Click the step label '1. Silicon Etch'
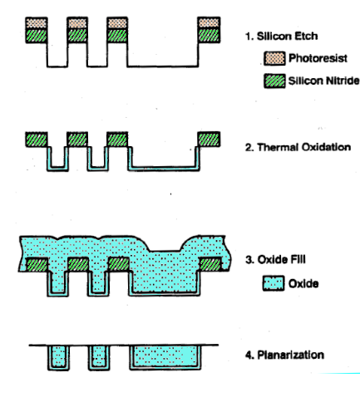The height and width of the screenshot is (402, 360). [x=282, y=37]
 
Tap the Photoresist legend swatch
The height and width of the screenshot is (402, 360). [x=274, y=58]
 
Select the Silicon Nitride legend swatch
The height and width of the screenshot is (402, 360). [x=274, y=81]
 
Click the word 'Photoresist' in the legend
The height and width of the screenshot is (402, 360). [x=318, y=58]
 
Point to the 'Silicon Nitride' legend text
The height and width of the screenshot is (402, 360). [x=323, y=81]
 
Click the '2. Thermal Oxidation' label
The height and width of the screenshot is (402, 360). [x=298, y=147]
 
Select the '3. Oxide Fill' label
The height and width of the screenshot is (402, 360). [x=275, y=259]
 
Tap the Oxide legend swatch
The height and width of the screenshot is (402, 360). [x=274, y=283]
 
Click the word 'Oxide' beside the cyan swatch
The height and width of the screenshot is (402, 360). [x=303, y=283]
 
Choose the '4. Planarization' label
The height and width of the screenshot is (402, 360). [x=284, y=355]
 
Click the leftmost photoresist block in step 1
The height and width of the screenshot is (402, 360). [x=37, y=23]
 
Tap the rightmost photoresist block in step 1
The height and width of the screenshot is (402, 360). [x=209, y=23]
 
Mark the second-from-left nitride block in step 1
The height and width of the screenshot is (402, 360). [x=77, y=36]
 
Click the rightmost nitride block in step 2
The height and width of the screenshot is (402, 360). [x=209, y=140]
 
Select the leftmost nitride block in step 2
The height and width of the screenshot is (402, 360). [x=37, y=140]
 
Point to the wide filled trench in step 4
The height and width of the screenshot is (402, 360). [x=165, y=357]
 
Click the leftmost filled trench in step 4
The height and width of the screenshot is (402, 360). [x=58, y=357]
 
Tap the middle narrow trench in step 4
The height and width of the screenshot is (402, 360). [x=99, y=357]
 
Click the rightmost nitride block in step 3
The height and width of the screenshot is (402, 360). [x=210, y=264]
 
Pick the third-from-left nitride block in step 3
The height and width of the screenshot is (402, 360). [x=119, y=264]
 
